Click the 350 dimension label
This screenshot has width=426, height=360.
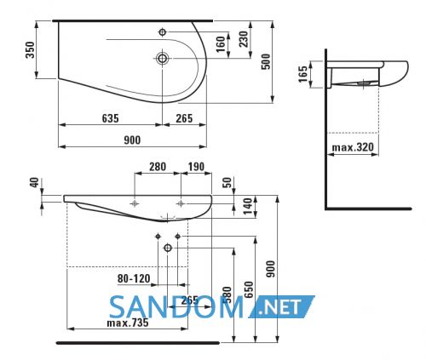coord(30,50)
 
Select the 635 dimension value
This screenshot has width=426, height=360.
coord(111,118)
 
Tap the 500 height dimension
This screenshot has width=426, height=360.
coord(266,61)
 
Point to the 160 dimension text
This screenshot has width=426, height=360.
coord(221,44)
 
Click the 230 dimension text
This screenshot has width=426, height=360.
coord(244,39)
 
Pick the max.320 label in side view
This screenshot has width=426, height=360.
coord(353,147)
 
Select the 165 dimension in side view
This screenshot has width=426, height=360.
coord(303,74)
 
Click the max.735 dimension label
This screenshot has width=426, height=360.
coord(128,323)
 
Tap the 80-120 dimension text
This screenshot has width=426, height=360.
coord(134,278)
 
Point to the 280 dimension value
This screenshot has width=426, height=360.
coord(158,167)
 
